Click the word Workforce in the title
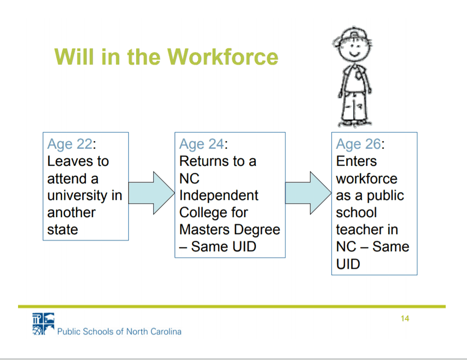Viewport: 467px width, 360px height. coord(223,57)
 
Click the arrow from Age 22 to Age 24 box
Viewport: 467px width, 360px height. coord(151,193)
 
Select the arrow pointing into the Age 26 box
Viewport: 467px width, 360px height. coord(308,193)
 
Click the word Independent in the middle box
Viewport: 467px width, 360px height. coord(219,196)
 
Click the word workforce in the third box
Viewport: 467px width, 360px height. coord(367,179)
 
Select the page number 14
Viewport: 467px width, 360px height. coord(405,319)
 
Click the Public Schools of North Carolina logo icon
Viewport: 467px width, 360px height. coord(44,324)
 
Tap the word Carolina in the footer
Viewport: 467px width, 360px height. coord(166,332)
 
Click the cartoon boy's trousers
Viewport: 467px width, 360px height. coord(354,106)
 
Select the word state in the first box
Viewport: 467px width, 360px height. coord(63,230)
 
